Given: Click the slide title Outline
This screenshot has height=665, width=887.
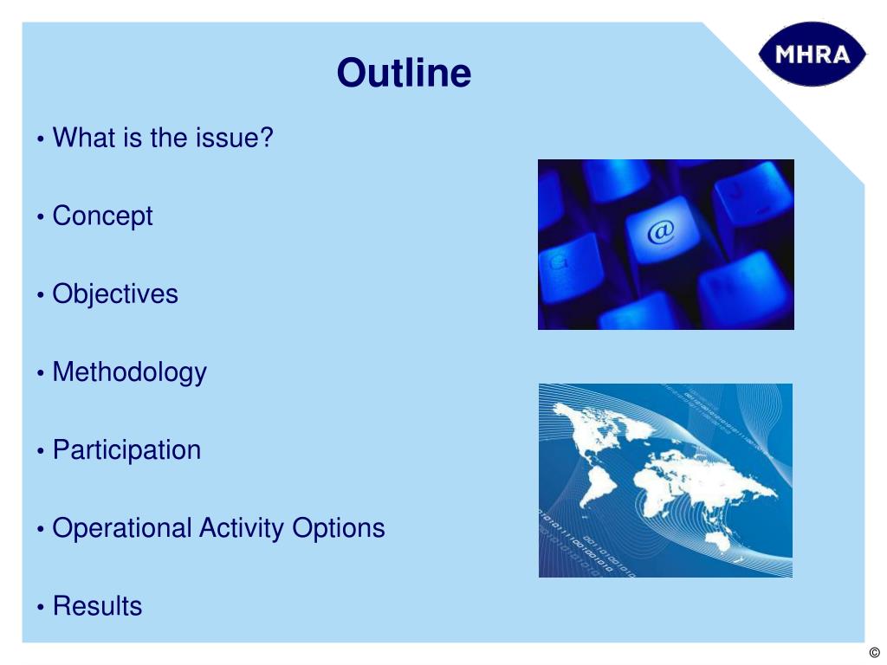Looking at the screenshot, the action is click(404, 73).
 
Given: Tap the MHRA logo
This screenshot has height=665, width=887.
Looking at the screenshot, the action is click(812, 55).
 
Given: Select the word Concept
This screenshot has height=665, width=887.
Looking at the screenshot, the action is click(102, 216).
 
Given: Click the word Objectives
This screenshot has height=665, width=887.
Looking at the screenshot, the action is click(115, 294).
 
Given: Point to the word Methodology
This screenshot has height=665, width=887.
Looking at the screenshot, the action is click(130, 372).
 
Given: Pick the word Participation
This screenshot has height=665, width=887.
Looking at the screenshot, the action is click(126, 450).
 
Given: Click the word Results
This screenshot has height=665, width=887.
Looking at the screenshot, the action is click(97, 605).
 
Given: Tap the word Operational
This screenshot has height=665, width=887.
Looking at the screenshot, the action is click(121, 528).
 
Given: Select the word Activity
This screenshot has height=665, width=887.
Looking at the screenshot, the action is click(242, 528).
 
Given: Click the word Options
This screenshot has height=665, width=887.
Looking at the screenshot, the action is click(339, 528).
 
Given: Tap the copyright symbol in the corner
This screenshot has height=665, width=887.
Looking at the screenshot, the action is click(874, 653).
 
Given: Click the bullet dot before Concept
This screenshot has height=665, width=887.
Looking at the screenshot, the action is click(40, 216).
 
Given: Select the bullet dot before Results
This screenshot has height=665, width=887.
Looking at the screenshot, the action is click(40, 607).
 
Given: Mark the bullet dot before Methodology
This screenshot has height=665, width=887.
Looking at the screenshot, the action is click(40, 372).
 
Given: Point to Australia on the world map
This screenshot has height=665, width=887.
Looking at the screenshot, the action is click(720, 541).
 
